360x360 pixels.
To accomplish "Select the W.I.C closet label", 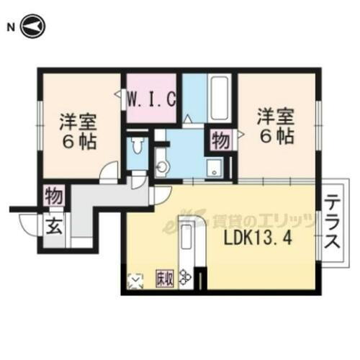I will coord(152,98).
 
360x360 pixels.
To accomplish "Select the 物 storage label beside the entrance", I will coord(54,196).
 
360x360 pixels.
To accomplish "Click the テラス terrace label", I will coord(332,222).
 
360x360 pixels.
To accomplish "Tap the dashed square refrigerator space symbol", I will coord(135,280).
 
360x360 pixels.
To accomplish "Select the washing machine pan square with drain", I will coord(214,168).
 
